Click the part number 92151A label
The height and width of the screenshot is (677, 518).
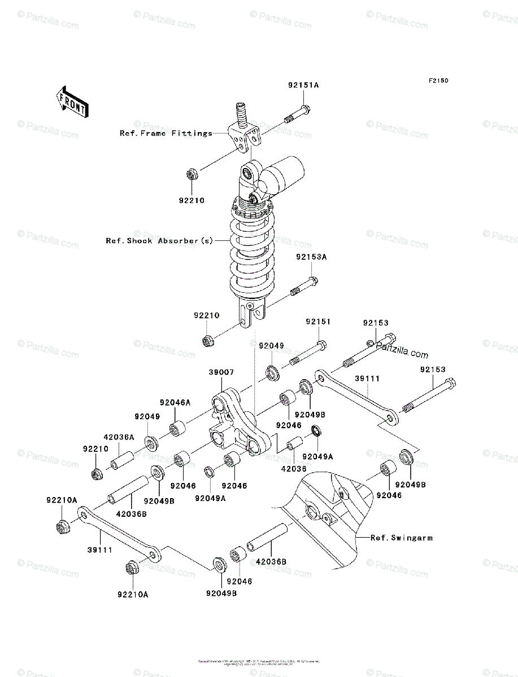coord(303,86)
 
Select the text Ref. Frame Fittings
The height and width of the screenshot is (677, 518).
coord(166,134)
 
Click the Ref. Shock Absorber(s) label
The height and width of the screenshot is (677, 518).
coord(159,241)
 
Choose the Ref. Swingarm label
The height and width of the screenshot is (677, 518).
coord(401,538)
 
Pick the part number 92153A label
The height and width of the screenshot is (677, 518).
coord(311,257)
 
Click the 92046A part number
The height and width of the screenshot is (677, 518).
coord(175,403)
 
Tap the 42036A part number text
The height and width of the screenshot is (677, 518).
coord(119,437)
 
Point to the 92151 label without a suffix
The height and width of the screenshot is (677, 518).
coord(318,322)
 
